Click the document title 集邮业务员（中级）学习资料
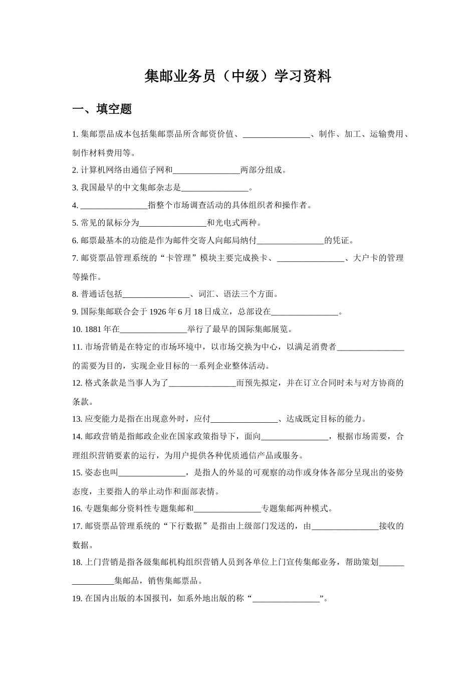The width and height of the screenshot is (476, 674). [x=237, y=76]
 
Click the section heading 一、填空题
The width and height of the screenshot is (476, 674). [x=102, y=109]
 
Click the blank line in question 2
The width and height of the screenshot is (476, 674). [x=206, y=171]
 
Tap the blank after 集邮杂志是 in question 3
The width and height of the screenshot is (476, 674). [x=214, y=189]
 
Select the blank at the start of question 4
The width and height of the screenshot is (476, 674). [x=114, y=206]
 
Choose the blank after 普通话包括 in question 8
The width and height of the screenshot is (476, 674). [x=156, y=294]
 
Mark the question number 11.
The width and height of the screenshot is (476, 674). [x=77, y=347]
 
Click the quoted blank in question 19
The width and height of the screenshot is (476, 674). [x=286, y=599]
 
